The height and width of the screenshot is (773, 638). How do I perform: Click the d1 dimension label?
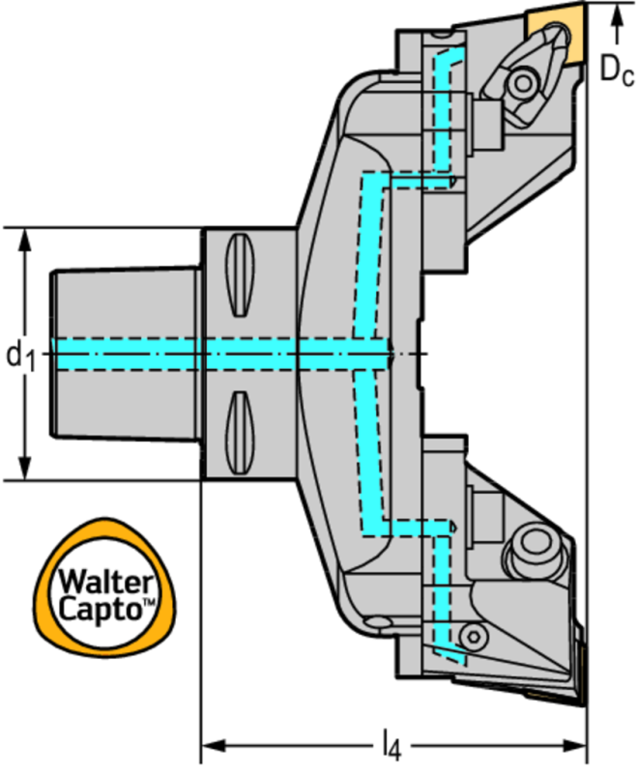(21, 355)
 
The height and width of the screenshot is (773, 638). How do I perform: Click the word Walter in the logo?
(106, 582)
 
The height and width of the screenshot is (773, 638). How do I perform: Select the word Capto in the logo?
(102, 609)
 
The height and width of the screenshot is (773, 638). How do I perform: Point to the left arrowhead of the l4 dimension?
(207, 745)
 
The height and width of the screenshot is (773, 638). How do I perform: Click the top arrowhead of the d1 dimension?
(24, 236)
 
